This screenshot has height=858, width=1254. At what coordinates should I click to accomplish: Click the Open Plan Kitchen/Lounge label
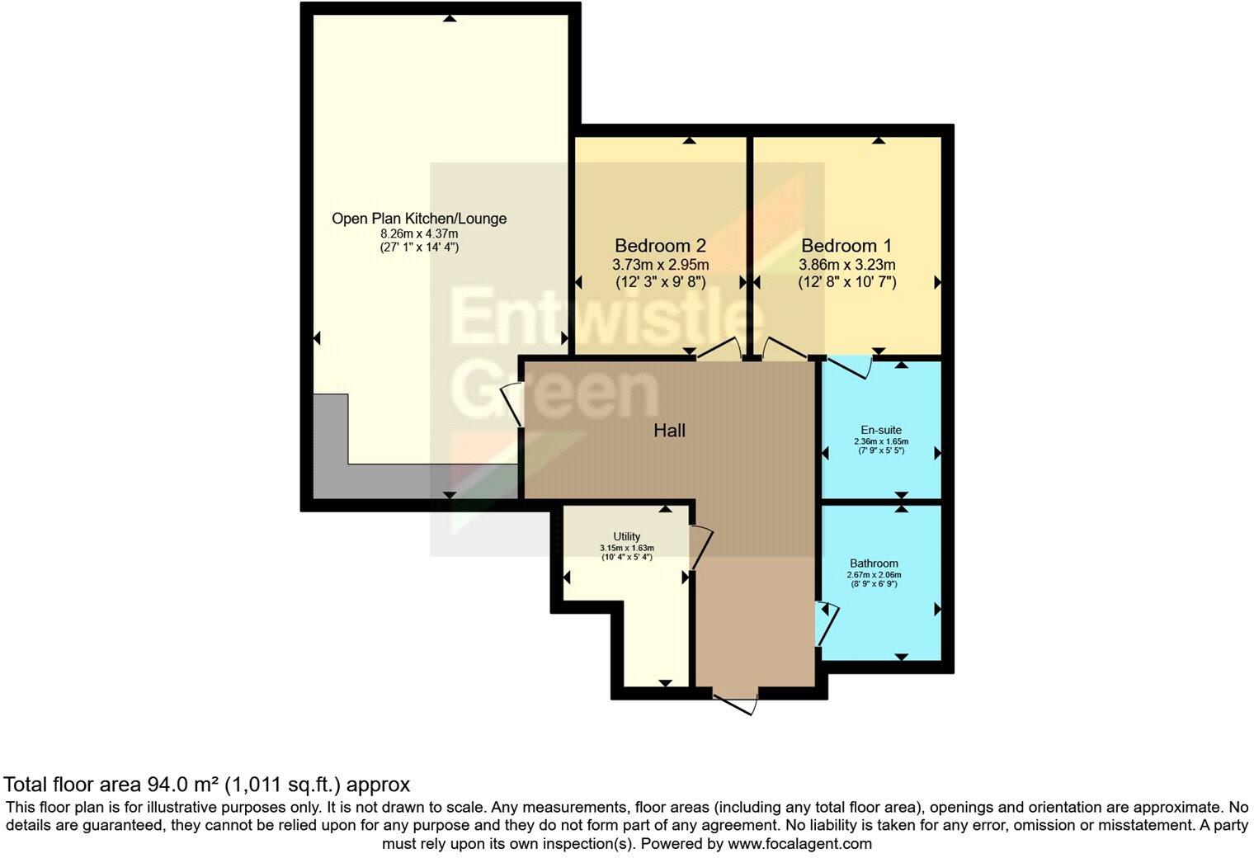click(x=419, y=219)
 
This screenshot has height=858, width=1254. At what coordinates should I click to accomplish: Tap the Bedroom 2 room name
click(x=660, y=246)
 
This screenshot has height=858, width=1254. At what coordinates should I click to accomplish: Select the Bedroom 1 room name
click(x=846, y=246)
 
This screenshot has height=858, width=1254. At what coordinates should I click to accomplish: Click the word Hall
click(x=669, y=430)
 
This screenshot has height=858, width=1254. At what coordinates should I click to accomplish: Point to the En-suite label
click(x=881, y=430)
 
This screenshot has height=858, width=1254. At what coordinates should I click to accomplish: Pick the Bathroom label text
click(x=874, y=563)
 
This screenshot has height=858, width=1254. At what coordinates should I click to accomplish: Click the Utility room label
click(x=626, y=536)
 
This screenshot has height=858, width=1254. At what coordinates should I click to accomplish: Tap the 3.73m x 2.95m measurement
click(x=660, y=265)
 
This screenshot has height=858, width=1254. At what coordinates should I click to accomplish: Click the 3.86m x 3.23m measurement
click(x=846, y=265)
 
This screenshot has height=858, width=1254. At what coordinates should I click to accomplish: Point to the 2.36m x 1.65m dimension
click(x=881, y=441)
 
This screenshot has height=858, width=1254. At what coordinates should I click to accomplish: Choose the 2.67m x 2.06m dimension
click(x=874, y=575)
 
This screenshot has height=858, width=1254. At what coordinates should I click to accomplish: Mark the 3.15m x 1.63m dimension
click(x=626, y=548)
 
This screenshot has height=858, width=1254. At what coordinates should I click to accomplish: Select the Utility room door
click(x=700, y=547)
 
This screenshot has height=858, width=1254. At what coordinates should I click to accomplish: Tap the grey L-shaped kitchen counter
click(x=330, y=462)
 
